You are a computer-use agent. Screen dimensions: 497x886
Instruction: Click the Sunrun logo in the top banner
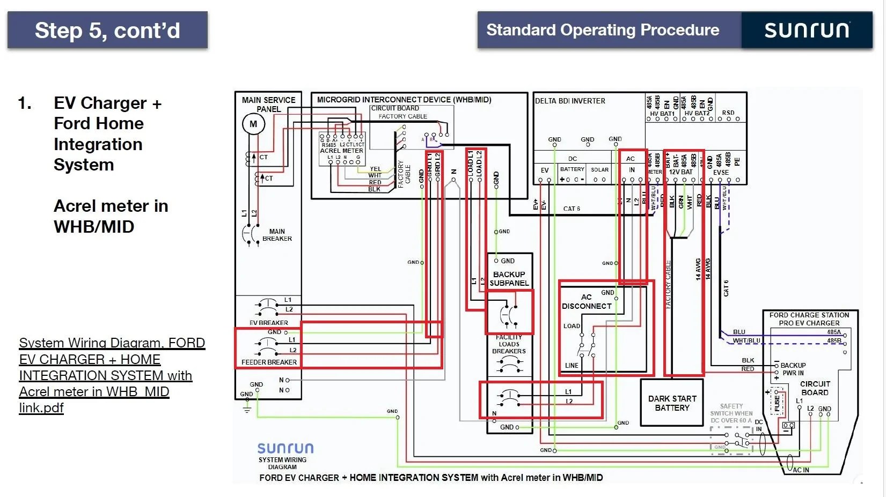[807, 30]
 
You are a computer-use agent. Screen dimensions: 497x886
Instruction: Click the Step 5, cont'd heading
[107, 31]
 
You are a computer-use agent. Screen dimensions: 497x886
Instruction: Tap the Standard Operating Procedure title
[603, 30]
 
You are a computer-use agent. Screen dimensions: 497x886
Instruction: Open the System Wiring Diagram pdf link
[111, 375]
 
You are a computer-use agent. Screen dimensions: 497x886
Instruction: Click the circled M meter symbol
[253, 124]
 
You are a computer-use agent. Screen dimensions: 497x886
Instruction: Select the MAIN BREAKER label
[277, 235]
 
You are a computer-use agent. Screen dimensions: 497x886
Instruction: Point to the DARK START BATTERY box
[672, 403]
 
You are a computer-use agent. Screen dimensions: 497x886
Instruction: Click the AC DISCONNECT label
[587, 301]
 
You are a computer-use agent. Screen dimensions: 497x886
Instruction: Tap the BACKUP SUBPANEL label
[509, 278]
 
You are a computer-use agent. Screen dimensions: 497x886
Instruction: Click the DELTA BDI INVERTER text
[570, 101]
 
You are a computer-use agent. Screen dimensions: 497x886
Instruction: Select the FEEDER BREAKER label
[269, 362]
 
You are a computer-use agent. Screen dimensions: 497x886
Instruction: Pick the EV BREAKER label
[268, 323]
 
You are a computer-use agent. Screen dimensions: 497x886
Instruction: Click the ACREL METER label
[341, 151]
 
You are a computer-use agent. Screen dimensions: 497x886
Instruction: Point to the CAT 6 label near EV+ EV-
[572, 209]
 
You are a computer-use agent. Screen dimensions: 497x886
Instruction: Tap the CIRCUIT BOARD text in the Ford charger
[815, 388]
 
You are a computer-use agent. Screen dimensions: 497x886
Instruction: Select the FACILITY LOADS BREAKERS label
[509, 344]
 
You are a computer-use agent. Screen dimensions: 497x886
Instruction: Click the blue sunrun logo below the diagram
[285, 448]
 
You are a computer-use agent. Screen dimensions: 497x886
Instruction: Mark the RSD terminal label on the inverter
[728, 113]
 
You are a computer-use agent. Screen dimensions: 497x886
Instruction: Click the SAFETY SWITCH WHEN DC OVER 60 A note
[731, 413]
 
